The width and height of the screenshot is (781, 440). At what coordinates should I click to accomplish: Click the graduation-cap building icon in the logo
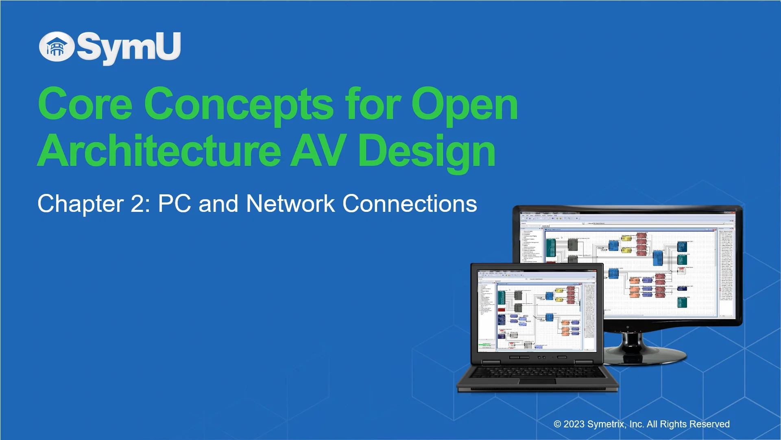(57, 47)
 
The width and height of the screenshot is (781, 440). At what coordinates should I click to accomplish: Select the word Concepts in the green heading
(239, 104)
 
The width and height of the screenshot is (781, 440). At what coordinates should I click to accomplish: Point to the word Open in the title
(464, 104)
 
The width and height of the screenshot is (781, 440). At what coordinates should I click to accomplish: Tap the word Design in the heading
(426, 152)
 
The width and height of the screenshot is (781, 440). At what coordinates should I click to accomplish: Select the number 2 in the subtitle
(137, 204)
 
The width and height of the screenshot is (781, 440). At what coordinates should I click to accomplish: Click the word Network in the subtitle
(290, 204)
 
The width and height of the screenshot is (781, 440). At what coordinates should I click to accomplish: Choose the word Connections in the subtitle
(410, 204)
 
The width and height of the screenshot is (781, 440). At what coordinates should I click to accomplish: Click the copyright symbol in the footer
(557, 425)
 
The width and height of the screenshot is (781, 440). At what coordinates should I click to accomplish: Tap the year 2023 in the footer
(574, 425)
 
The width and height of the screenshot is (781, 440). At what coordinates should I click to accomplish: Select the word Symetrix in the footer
(606, 425)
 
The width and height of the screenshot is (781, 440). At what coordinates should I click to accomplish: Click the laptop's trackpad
(537, 381)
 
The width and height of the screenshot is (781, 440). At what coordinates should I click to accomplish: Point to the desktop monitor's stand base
(645, 353)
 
